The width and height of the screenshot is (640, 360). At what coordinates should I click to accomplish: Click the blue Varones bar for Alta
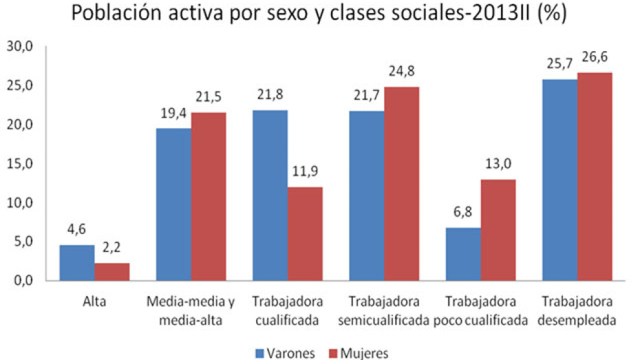(x=77, y=263)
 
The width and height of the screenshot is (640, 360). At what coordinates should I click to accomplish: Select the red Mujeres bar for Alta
(x=112, y=272)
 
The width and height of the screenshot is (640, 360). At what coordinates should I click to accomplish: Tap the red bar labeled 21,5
(x=209, y=196)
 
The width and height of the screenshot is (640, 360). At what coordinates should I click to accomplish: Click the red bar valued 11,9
(x=305, y=234)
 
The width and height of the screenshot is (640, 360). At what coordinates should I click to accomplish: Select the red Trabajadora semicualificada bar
(x=401, y=184)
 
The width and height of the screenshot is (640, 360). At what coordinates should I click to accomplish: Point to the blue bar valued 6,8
(x=462, y=254)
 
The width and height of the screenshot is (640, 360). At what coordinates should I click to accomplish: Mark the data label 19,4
(x=173, y=114)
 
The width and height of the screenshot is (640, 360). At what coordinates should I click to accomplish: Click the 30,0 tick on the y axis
(x=18, y=47)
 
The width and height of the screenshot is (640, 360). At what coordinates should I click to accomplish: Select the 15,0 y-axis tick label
(x=18, y=164)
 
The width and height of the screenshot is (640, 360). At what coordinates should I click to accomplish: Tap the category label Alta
(x=94, y=301)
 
